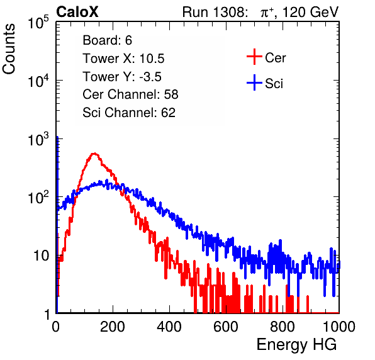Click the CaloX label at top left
tap(77, 12)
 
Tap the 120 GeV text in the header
tap(311, 12)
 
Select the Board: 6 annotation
tap(108, 40)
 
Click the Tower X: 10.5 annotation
tap(123, 59)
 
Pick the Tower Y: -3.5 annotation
tap(122, 77)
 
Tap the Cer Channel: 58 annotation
tap(130, 94)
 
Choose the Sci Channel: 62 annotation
tap(129, 113)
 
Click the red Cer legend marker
tap(254, 57)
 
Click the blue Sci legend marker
tap(254, 82)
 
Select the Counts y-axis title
tap(9, 49)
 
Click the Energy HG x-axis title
tap(296, 345)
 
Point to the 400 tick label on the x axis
tap(169, 327)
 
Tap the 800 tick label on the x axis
tap(283, 327)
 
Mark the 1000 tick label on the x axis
tap(339, 327)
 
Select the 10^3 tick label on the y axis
tap(38, 139)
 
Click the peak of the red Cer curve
tap(94, 154)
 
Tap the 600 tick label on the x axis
tap(226, 327)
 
